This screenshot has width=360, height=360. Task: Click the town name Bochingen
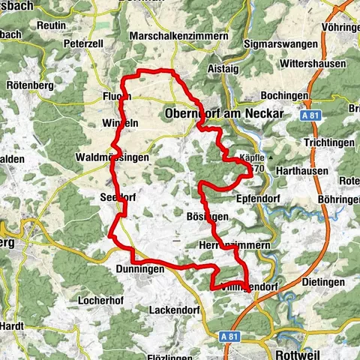[284, 96]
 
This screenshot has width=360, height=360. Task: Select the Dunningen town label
[139, 268]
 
